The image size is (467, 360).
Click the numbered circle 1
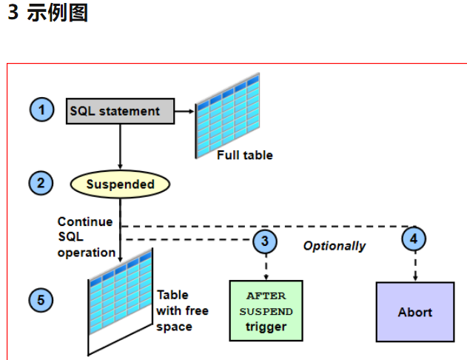point(41,110)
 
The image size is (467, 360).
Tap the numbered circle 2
point(41,183)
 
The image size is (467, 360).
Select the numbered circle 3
point(265,241)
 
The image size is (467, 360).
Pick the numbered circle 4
point(414,239)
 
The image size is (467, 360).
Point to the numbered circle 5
point(41,300)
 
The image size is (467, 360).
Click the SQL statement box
point(121,111)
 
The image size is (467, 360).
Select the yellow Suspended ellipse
point(121,184)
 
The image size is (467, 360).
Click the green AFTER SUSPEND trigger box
point(266,310)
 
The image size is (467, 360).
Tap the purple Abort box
point(415,312)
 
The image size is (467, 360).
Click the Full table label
point(245,156)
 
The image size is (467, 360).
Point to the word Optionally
point(335,246)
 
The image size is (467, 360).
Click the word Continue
point(85,221)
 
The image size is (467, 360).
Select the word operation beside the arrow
point(87,253)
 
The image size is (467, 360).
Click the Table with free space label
point(182,311)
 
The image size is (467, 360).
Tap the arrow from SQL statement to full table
point(184,111)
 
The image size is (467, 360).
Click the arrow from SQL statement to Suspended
point(121,147)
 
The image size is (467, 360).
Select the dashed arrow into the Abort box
point(415,266)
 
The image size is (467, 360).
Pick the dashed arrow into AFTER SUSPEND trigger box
point(266,267)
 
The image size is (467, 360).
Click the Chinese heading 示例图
point(58,13)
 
